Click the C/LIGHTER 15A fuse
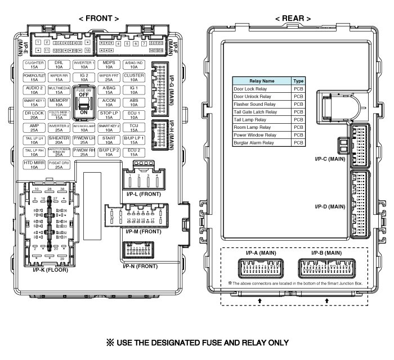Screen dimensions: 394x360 pos(34,64)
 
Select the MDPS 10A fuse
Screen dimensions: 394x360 pos(109,64)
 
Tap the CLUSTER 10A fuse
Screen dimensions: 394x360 pos(134,77)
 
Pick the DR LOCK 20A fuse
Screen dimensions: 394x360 pos(34,115)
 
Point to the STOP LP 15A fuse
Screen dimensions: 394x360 pos(109,115)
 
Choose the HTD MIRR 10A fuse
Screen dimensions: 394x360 pos(34,165)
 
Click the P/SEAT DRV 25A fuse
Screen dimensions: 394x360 pos(59,165)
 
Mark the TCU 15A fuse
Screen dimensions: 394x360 pos(134,128)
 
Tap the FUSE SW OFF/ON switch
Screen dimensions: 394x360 pos(84,102)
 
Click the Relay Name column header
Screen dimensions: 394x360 pos(262,81)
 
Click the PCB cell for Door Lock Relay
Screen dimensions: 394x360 pos(298,89)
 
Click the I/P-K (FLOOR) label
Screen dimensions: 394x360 pos(50,271)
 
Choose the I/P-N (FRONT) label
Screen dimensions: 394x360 pos(140,265)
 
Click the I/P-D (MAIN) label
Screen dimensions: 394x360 pos(330,207)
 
